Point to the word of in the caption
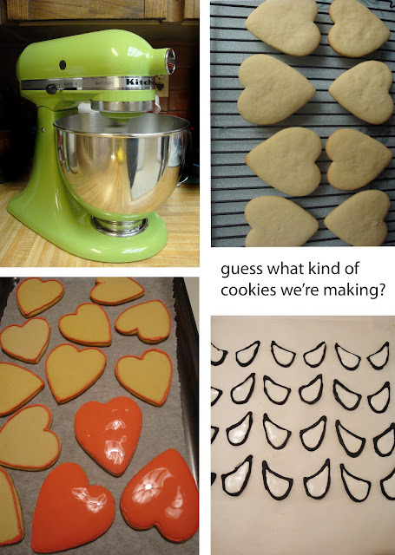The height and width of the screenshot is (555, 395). [x=351, y=268]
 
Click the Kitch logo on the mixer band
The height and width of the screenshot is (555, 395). [x=141, y=82]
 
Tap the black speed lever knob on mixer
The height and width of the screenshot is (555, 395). [x=52, y=88]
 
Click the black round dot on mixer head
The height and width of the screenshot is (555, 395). [x=63, y=65]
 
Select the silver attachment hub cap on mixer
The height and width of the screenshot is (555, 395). [x=170, y=61]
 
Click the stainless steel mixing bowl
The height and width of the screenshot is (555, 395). [x=122, y=163]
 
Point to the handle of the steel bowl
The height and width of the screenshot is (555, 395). [x=185, y=180]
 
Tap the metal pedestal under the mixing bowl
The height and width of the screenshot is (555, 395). [x=119, y=225]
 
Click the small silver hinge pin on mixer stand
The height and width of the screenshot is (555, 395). [x=43, y=129]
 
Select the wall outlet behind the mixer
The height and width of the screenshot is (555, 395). [x=162, y=86]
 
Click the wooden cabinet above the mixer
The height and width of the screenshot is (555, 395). [x=100, y=10]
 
